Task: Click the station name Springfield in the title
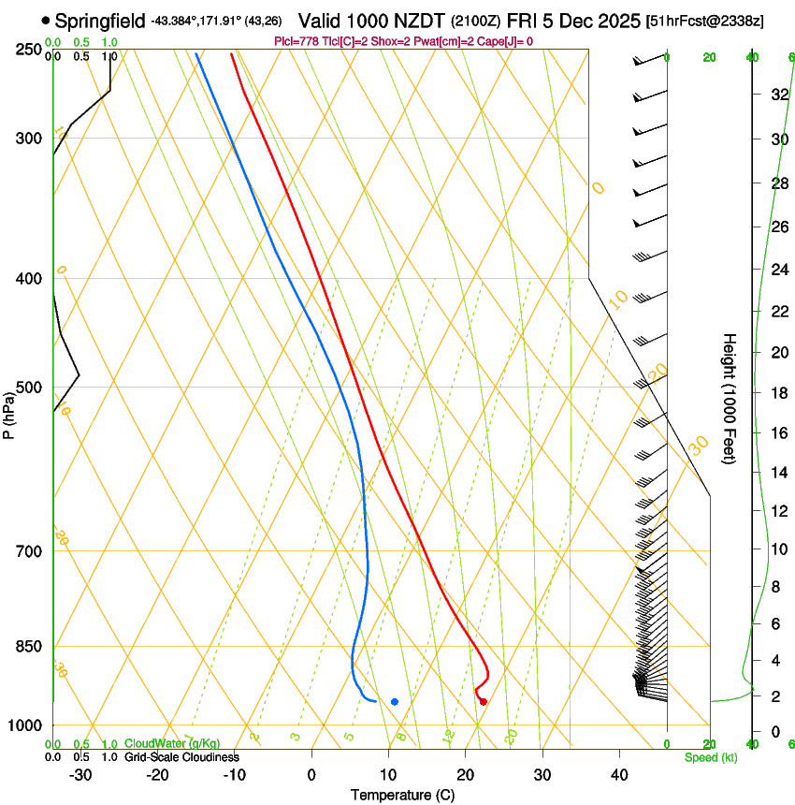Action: [x=100, y=20]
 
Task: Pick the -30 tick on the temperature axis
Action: [x=80, y=774]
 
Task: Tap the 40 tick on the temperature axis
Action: [x=618, y=774]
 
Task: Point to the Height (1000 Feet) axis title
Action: [x=730, y=398]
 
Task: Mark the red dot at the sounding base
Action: [x=483, y=701]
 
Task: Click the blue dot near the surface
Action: [x=395, y=701]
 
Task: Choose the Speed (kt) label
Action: [x=710, y=757]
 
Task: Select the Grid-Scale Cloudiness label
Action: [x=181, y=756]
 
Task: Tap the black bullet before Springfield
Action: [x=46, y=20]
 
